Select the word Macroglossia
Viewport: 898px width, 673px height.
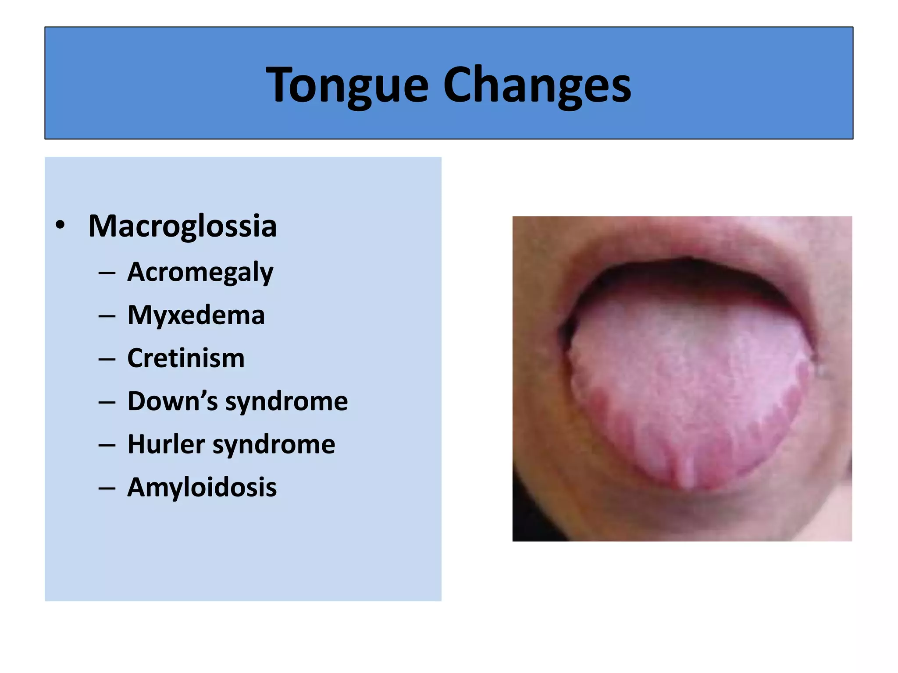pyautogui.click(x=182, y=226)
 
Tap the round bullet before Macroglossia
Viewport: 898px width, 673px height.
pyautogui.click(x=60, y=226)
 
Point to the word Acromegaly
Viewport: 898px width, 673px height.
pyautogui.click(x=200, y=272)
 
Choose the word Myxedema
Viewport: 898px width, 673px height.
pyautogui.click(x=196, y=315)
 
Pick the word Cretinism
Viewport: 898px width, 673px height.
pyautogui.click(x=186, y=358)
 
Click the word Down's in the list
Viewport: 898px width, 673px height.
pyautogui.click(x=172, y=401)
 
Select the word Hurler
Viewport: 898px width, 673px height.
pyautogui.click(x=166, y=444)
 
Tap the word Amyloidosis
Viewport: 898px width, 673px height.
pyautogui.click(x=202, y=487)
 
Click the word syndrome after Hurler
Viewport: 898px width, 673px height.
pyautogui.click(x=274, y=444)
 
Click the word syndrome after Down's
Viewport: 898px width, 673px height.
pyautogui.click(x=286, y=401)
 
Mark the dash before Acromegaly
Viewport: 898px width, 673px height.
pyautogui.click(x=107, y=273)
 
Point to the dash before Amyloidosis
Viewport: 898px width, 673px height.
pyautogui.click(x=107, y=488)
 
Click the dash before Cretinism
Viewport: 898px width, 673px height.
pyautogui.click(x=107, y=359)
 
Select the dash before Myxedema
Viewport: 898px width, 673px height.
pyautogui.click(x=107, y=316)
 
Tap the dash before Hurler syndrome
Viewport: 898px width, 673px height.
pyautogui.click(x=107, y=445)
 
